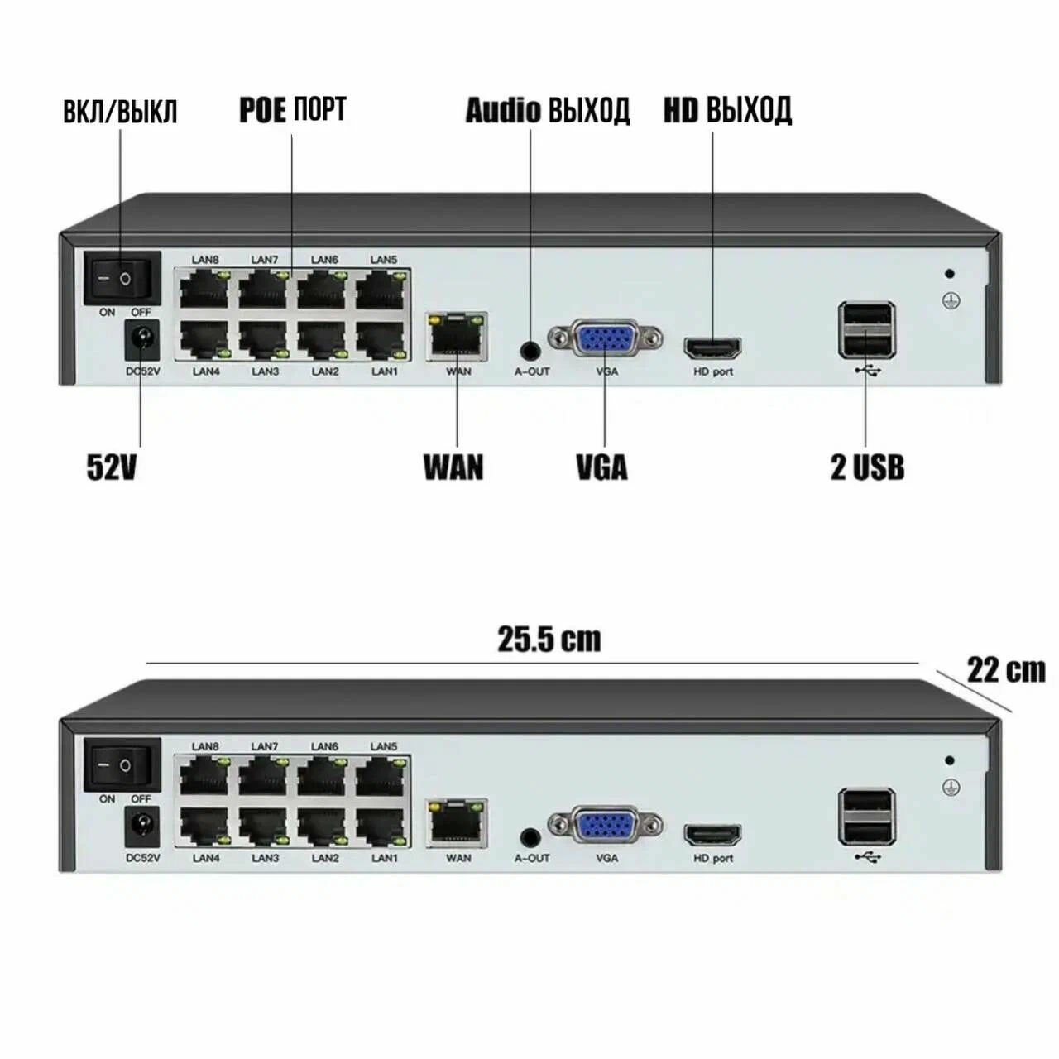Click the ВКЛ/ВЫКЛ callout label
120,113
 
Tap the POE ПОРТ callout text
293,109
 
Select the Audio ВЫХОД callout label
547,110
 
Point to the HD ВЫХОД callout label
727,110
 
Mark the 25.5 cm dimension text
549,639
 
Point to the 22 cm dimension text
1005,669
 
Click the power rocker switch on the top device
122,279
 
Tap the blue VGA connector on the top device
605,339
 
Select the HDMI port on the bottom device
712,834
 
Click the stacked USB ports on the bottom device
866,816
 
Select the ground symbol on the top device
951,300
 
